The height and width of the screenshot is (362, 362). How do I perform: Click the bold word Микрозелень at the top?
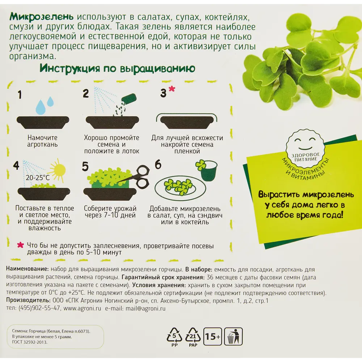[42, 17]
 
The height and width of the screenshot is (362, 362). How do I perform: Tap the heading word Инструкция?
[70, 68]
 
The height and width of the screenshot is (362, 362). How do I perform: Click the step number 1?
[20, 94]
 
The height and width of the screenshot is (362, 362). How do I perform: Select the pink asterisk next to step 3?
[172, 89]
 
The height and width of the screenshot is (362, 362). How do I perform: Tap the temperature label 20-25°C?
[38, 178]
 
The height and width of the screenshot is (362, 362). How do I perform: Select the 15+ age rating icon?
[212, 336]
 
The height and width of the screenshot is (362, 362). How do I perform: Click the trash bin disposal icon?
[233, 336]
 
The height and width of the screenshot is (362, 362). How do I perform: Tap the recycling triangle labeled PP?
[174, 337]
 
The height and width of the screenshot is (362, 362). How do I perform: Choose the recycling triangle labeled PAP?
[193, 337]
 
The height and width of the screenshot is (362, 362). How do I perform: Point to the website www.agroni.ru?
[83, 308]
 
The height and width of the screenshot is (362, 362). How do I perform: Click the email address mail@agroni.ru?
[146, 308]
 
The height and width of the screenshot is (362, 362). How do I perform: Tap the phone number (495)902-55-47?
[39, 308]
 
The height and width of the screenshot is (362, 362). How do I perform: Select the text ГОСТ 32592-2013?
[30, 342]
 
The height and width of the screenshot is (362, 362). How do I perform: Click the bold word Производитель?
[28, 300]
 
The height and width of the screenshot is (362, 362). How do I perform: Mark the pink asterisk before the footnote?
[21, 245]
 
